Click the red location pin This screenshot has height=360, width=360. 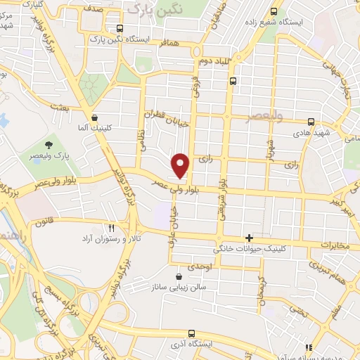click(x=181, y=166)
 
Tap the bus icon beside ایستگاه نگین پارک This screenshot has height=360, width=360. click(x=120, y=29)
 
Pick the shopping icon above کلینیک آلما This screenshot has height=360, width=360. click(x=94, y=119)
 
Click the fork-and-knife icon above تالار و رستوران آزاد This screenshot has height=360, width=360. click(x=110, y=227)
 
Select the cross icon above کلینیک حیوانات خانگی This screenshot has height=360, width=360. click(x=249, y=238)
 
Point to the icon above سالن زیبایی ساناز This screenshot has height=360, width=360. click(x=179, y=277)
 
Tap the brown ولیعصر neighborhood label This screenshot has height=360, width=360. click(x=264, y=116)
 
